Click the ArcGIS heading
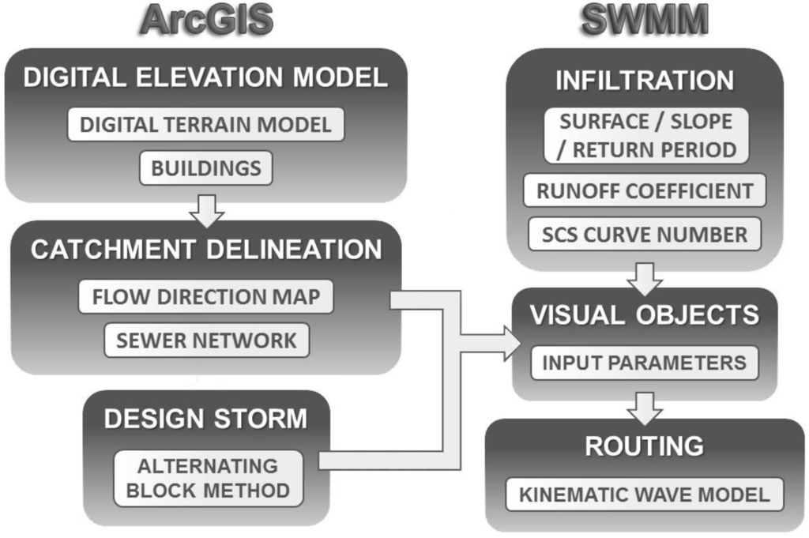[x=206, y=21]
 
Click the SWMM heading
[x=644, y=21]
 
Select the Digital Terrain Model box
[x=206, y=125]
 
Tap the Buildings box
[x=206, y=167]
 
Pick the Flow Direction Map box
[x=206, y=297]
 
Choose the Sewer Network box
[x=206, y=340]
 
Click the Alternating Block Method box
[x=208, y=478]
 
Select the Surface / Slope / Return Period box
[x=645, y=136]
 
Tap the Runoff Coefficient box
[x=645, y=190]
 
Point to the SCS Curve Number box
[x=645, y=234]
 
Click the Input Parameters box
[x=644, y=363]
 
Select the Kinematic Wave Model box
[x=644, y=495]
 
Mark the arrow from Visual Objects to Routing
[x=645, y=406]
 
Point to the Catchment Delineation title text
[x=206, y=250]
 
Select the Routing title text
[x=644, y=446]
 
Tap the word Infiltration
[x=645, y=81]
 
